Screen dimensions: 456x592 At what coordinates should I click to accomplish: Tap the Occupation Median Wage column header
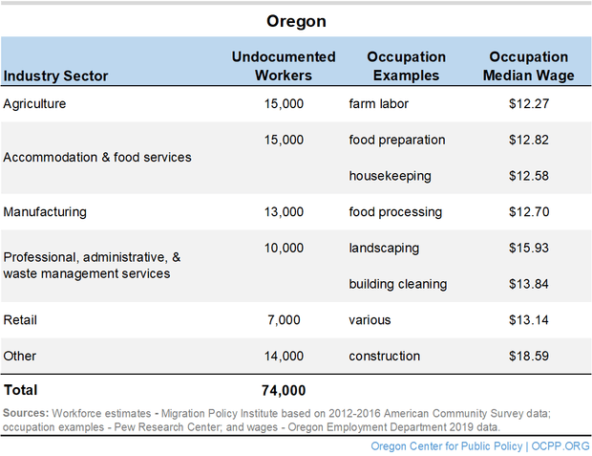[528, 66]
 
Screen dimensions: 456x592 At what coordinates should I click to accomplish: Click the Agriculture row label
[34, 103]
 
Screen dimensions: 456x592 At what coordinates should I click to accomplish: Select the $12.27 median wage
[528, 103]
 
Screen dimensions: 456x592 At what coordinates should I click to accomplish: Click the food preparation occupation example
[397, 140]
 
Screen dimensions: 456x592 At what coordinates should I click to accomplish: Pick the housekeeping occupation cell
[390, 176]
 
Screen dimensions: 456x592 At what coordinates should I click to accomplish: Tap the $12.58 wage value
[528, 176]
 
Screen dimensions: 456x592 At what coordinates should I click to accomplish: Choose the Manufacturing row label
[44, 211]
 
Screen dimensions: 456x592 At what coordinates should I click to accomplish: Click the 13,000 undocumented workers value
[284, 211]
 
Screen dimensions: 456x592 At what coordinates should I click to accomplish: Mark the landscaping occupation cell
[384, 248]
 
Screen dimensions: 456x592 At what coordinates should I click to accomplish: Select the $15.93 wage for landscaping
[528, 248]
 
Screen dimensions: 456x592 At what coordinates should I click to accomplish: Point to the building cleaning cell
[398, 284]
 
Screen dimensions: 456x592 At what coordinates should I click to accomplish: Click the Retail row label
[20, 319]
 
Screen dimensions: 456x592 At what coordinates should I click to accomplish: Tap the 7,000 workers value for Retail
[284, 319]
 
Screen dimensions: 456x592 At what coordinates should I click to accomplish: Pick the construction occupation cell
[384, 356]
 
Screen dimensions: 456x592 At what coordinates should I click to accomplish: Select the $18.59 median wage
[528, 356]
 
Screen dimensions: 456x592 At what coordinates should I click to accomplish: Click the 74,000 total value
[284, 390]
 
